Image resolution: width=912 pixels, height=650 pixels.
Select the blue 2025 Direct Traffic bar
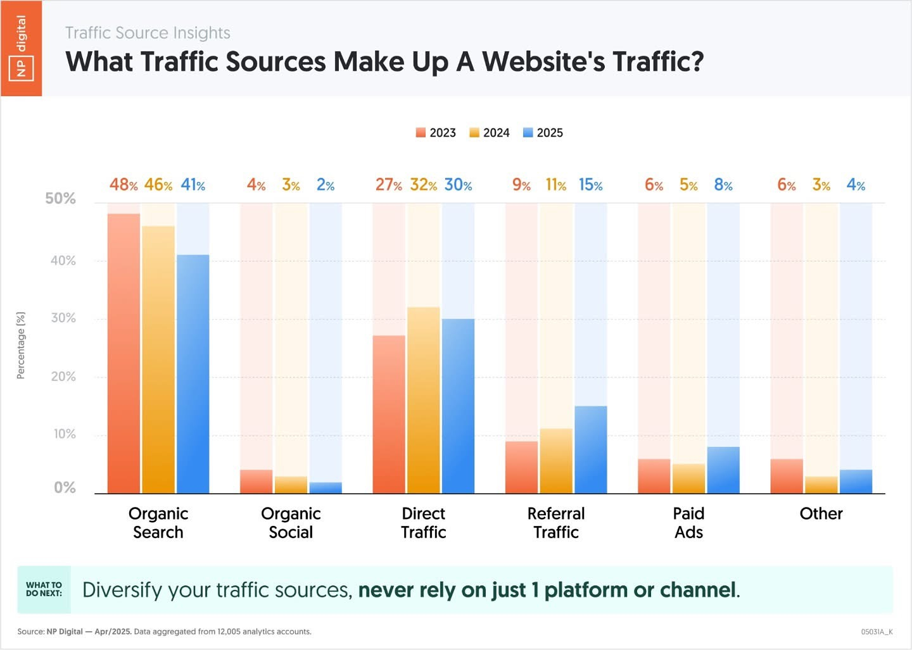[458, 406]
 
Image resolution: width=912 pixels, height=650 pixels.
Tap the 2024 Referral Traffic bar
[556, 461]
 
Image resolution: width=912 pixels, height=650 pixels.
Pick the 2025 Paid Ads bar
[723, 470]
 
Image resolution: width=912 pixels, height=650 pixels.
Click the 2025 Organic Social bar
[326, 487]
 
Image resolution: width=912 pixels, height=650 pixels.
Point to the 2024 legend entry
[490, 133]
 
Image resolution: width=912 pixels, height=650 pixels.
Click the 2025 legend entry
[543, 133]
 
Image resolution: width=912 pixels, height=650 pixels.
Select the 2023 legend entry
[436, 133]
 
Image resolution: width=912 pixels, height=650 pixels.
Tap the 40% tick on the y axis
[63, 261]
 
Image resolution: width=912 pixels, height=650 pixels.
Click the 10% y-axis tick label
[64, 434]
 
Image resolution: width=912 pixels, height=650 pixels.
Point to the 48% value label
[123, 185]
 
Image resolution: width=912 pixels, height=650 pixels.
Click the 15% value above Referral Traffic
[590, 185]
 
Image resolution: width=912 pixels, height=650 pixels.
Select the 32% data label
[423, 185]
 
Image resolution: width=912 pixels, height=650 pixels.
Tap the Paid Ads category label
[688, 523]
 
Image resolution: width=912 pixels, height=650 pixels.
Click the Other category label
[821, 513]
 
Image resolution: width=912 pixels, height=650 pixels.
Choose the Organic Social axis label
[291, 523]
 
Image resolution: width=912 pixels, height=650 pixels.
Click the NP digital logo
[21, 48]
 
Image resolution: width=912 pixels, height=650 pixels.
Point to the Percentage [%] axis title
[21, 346]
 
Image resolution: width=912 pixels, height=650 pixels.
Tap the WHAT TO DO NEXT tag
[44, 589]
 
